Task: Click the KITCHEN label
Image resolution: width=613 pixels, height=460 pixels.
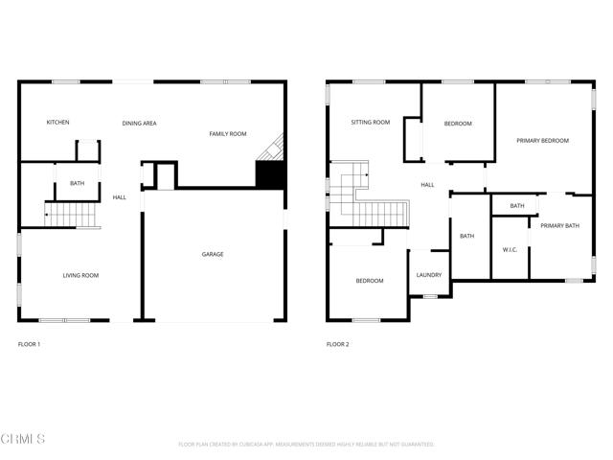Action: click(58, 123)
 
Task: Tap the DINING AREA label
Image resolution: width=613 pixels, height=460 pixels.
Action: click(139, 123)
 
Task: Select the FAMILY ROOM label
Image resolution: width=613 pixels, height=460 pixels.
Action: click(228, 134)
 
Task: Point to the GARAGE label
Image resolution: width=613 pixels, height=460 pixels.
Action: click(213, 254)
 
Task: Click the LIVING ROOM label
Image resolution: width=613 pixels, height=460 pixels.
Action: click(80, 276)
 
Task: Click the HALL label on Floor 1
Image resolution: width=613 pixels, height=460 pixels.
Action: click(120, 197)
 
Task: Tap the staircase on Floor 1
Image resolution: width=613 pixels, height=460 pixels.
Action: click(71, 215)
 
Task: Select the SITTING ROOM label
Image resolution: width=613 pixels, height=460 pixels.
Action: click(370, 123)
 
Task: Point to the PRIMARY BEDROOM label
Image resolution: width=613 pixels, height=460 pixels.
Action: click(542, 141)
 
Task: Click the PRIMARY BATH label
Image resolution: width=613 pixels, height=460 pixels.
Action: click(559, 226)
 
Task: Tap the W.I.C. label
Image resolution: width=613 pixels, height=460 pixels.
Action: click(510, 250)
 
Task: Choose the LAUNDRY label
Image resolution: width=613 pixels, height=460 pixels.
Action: click(429, 275)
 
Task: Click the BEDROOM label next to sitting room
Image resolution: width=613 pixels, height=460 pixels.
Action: click(458, 124)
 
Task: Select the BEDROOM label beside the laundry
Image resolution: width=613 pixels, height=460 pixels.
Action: click(370, 281)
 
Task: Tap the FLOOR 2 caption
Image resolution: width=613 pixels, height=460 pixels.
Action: click(337, 344)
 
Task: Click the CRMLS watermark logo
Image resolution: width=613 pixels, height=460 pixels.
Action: click(23, 439)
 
